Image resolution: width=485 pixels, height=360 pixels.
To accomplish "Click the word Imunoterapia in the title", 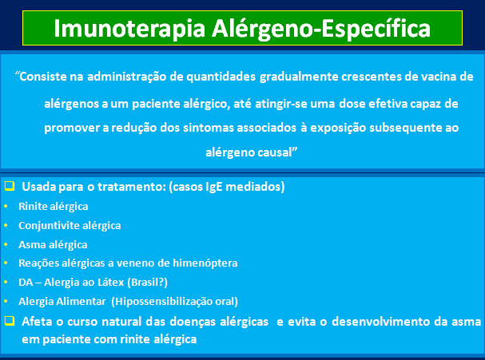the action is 129,29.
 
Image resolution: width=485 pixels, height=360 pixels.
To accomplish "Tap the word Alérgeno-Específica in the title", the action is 321,29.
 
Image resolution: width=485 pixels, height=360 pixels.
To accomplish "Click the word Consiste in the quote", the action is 49,77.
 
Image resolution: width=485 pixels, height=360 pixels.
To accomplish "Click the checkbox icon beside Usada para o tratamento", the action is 10,186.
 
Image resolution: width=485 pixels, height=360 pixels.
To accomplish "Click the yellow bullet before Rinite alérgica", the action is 6,206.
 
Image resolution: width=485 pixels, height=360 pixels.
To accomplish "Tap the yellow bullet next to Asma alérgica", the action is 6,244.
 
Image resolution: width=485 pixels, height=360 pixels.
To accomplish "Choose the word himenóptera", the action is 205,263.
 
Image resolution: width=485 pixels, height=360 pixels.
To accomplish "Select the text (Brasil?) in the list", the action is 148,283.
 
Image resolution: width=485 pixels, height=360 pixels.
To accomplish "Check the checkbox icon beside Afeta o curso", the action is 10,321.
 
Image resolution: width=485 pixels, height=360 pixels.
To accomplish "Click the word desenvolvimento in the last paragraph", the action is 381,322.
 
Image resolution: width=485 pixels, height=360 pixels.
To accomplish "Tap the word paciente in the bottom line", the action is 66,339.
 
